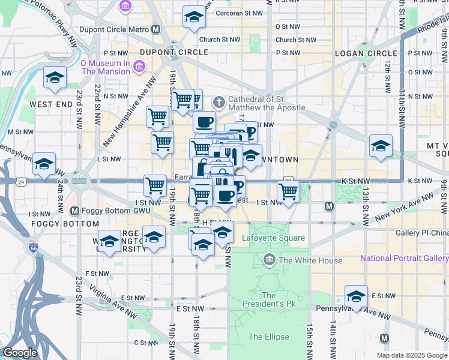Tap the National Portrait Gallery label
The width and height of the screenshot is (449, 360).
click(403, 259)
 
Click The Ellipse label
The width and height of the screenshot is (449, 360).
click(268, 337)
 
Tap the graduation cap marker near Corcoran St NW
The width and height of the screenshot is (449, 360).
click(194, 17)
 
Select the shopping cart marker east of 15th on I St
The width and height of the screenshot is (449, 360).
click(289, 193)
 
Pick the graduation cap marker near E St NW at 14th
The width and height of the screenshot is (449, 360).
click(357, 297)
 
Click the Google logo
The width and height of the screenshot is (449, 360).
click(20, 353)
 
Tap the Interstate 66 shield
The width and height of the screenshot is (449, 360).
click(32, 247)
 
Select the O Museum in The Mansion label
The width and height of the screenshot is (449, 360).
click(105, 67)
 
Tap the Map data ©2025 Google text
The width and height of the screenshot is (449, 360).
click(412, 355)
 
